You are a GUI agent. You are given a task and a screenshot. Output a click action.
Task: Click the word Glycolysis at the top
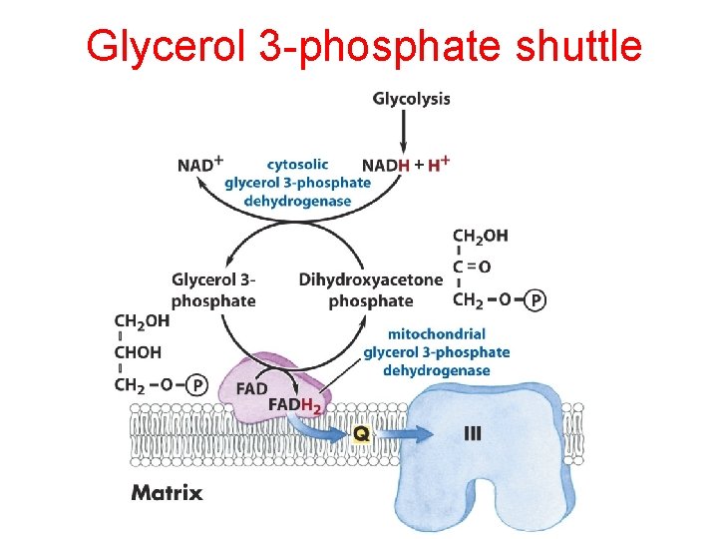[x=411, y=99]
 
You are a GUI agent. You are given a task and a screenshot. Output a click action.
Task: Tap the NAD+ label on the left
[x=200, y=164]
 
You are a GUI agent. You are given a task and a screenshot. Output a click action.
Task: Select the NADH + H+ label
[x=405, y=164]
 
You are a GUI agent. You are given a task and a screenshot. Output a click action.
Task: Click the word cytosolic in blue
[x=298, y=164]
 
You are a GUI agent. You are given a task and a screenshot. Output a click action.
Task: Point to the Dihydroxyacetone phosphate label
[x=370, y=289]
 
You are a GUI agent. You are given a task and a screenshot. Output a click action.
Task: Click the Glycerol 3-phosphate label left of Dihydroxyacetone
[x=213, y=289]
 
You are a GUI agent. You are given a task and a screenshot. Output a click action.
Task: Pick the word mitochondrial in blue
[x=437, y=333]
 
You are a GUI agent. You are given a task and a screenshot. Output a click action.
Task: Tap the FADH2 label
[x=295, y=405]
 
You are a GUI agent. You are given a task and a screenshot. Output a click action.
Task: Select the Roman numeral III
[x=474, y=433]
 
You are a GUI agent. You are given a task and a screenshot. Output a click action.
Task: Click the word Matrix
[x=167, y=492]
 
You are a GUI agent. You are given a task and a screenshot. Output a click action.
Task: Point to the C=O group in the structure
[x=472, y=267]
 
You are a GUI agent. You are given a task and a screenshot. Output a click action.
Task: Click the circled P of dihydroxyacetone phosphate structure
[x=537, y=299]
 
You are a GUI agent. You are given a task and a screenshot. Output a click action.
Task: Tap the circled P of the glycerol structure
[x=196, y=384]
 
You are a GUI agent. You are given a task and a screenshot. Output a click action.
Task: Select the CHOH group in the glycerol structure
[x=139, y=352]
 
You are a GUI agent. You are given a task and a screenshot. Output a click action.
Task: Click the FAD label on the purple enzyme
[x=252, y=387]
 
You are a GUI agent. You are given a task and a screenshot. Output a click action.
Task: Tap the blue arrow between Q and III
[x=411, y=434]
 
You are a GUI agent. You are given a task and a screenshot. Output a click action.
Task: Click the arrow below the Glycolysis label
[x=404, y=130]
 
